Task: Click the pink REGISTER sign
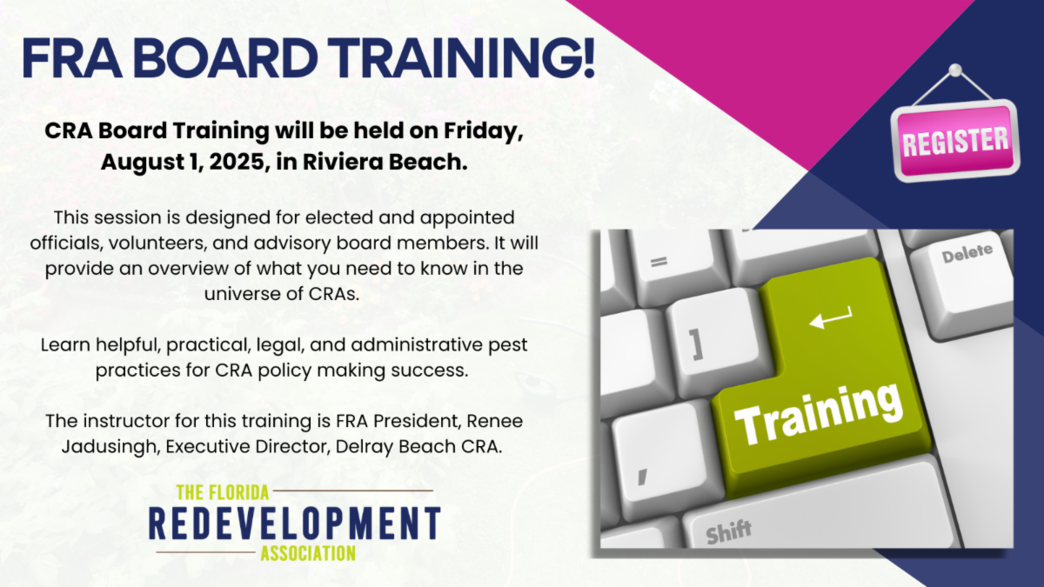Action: (x=955, y=141)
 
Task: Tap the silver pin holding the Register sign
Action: (x=955, y=70)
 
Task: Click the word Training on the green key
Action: (x=819, y=414)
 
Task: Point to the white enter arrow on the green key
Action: (x=831, y=318)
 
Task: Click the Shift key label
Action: (x=728, y=531)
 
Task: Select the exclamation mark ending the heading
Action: (x=589, y=57)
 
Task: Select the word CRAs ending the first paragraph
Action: (x=334, y=294)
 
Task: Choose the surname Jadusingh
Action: (x=111, y=447)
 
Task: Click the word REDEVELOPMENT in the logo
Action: (x=295, y=524)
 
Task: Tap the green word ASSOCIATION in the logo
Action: (x=308, y=553)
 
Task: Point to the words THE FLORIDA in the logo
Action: (x=224, y=492)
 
